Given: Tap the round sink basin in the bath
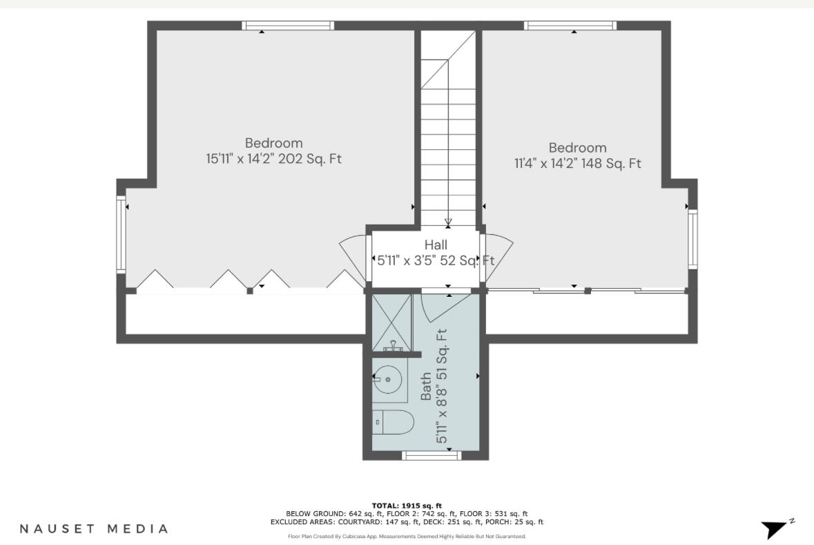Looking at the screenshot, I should [x=388, y=379].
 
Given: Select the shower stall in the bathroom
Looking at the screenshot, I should [x=391, y=322].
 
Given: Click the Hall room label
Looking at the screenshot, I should [x=436, y=245].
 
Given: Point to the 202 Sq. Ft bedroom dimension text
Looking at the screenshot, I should [x=274, y=159].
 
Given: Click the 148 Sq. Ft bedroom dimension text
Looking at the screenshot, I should [x=577, y=164].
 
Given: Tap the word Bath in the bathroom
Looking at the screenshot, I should [x=426, y=387].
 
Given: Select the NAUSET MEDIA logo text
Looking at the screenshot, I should [x=93, y=528].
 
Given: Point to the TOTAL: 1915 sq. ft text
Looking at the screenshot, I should [x=407, y=506].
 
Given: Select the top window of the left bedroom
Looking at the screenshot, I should [x=288, y=26].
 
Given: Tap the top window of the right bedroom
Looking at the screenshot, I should [x=570, y=26].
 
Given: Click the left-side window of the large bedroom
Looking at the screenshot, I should [x=121, y=235].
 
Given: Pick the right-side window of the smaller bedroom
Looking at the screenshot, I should [x=692, y=239].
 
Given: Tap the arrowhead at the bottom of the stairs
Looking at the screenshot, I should [x=448, y=222].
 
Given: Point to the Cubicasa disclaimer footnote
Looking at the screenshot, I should [x=407, y=536].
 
